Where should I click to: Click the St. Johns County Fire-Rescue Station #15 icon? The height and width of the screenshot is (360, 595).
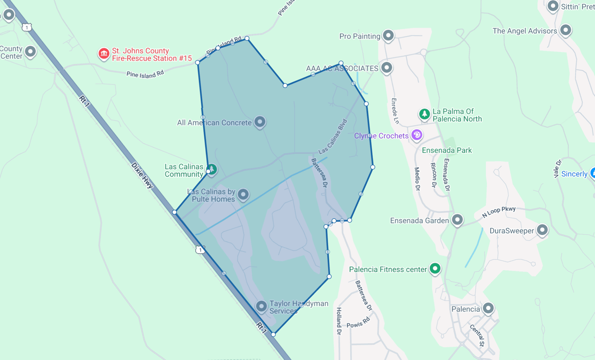click(104, 54)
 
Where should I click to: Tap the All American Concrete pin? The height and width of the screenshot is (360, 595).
click(260, 122)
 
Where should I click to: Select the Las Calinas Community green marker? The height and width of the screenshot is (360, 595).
click(212, 169)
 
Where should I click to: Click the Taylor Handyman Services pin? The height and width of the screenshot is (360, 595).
click(261, 306)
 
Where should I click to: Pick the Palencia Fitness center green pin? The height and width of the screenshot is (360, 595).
click(435, 268)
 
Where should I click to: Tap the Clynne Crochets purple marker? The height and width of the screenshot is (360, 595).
click(417, 135)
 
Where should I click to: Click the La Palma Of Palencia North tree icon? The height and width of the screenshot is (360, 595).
click(424, 114)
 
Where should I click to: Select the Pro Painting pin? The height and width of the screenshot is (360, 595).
click(388, 35)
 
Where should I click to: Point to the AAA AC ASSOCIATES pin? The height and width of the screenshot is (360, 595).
click(386, 68)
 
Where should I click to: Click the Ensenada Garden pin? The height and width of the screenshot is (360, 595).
click(457, 219)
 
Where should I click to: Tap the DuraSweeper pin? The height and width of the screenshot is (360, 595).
click(542, 229)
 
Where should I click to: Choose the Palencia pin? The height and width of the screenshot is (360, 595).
click(488, 308)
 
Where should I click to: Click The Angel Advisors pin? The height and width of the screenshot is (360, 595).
click(565, 30)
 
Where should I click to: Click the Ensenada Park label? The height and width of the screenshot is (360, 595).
click(447, 150)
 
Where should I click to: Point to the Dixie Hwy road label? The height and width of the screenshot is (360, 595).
click(142, 175)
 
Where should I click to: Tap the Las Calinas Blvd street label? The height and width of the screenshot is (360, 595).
click(333, 137)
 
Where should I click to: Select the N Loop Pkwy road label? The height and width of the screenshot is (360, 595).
click(499, 212)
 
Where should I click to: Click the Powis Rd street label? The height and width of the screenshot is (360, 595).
click(358, 322)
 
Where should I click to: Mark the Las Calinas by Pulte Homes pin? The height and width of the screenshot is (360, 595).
click(243, 195)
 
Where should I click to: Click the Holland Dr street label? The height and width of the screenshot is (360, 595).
click(339, 321)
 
